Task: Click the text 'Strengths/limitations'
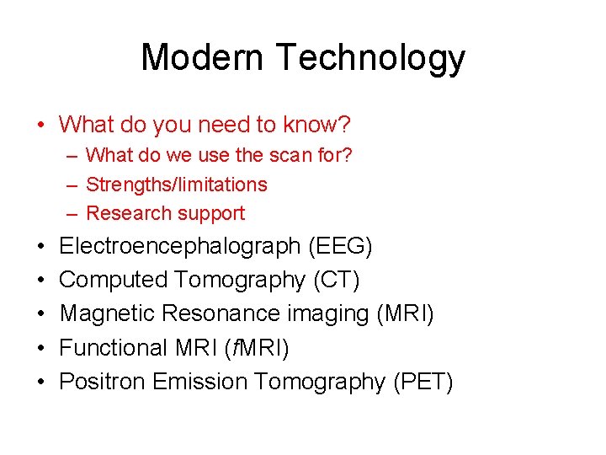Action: click(177, 185)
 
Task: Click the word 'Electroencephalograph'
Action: click(180, 246)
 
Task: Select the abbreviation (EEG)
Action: click(340, 246)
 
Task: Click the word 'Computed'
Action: click(114, 280)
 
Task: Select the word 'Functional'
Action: click(115, 347)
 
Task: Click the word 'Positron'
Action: click(103, 382)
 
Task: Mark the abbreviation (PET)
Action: click(423, 382)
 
